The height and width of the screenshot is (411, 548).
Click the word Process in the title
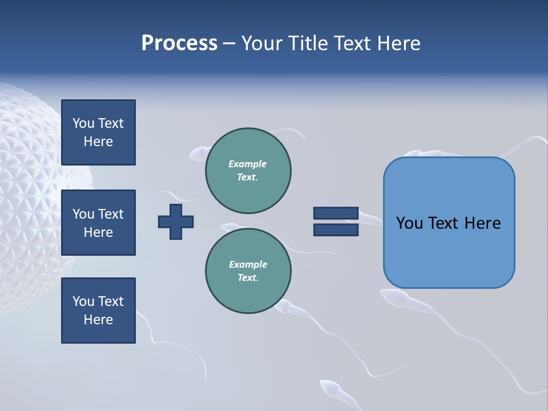coord(179,43)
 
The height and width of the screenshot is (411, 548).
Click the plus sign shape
coord(176,221)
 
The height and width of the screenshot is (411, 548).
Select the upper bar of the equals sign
coord(336,213)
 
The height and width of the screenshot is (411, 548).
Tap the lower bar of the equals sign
coord(336,230)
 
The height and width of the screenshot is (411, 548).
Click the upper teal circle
coord(248,171)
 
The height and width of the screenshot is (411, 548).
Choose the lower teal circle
coord(248,271)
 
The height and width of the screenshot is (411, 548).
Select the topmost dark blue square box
coord(98,132)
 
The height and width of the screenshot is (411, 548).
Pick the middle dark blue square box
coord(98,223)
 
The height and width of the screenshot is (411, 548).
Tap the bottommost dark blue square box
coord(98,311)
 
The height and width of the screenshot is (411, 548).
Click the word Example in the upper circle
coord(247,164)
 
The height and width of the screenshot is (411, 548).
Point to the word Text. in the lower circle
coord(248,278)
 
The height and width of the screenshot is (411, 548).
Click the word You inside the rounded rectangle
coord(409,223)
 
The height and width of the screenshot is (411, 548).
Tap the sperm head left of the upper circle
coord(198,154)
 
